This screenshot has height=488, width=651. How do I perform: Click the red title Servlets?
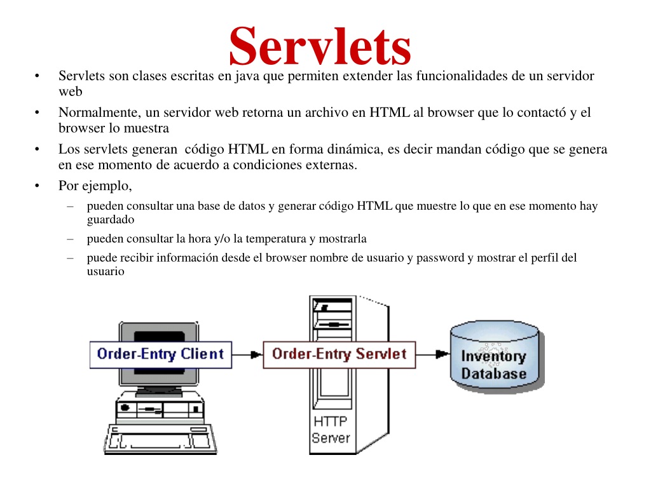320,46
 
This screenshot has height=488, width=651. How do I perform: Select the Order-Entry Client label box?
161,355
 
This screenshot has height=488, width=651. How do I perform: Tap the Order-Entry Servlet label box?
339,355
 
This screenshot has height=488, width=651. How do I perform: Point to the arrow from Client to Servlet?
247,355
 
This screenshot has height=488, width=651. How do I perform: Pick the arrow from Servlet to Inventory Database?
432,355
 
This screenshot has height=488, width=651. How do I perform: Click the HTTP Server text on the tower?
331,430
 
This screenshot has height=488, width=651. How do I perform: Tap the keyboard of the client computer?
160,439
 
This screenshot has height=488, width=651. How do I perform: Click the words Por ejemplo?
95,186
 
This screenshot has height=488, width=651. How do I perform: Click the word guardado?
111,219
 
